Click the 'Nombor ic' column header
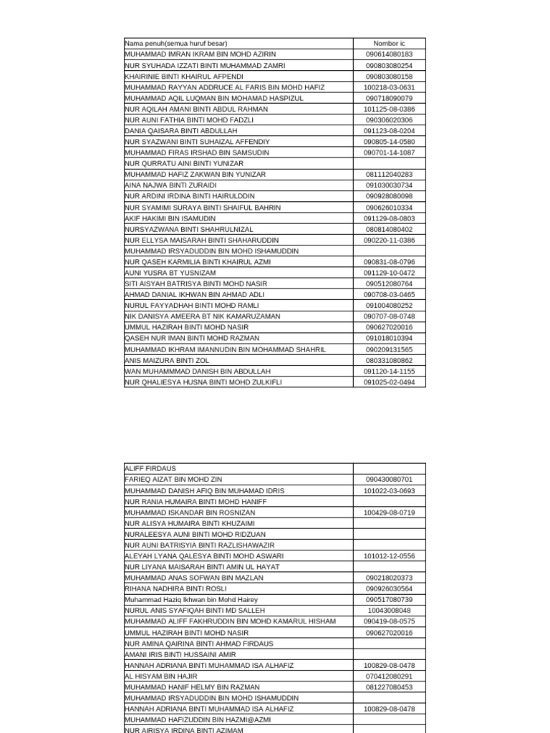click(x=389, y=44)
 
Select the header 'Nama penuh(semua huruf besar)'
click(x=176, y=44)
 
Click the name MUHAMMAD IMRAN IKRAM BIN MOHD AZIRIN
click(x=200, y=54)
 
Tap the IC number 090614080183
click(x=389, y=54)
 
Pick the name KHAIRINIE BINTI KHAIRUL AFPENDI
click(x=184, y=77)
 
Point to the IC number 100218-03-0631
click(x=389, y=87)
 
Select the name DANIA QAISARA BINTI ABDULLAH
click(x=180, y=131)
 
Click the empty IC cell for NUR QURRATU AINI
click(x=389, y=164)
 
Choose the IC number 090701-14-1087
click(x=389, y=152)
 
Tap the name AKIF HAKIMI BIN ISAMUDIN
click(x=170, y=218)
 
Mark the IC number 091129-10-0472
click(x=389, y=273)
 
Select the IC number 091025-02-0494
click(x=389, y=382)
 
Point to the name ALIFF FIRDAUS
click(x=150, y=469)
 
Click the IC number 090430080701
click(x=389, y=480)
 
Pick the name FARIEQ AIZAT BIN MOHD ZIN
click(x=173, y=480)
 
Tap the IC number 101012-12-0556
click(x=389, y=556)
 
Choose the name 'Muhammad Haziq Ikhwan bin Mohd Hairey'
click(x=191, y=600)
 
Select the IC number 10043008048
click(x=389, y=611)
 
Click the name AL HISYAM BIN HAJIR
click(x=161, y=676)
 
